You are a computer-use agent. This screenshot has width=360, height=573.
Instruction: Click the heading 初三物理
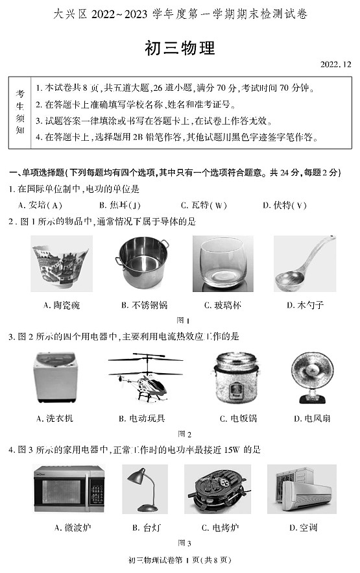coord(179,49)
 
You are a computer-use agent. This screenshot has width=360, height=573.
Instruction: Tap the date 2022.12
coord(335,64)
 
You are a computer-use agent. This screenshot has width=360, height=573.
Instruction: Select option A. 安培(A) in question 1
coord(42,206)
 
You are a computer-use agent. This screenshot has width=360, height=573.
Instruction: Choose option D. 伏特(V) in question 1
coord(285,206)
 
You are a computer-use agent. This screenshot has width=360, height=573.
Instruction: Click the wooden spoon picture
coord(304,263)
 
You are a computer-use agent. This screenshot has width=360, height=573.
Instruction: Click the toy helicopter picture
coord(145,377)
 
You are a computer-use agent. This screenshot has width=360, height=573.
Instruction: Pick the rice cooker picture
coord(232,378)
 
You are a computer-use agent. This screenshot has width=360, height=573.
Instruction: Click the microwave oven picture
coord(69,490)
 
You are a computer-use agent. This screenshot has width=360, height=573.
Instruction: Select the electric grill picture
coord(217,490)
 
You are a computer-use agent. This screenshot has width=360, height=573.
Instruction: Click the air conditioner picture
coord(302,490)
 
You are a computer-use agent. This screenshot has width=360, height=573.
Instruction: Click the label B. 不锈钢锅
coord(144,304)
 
